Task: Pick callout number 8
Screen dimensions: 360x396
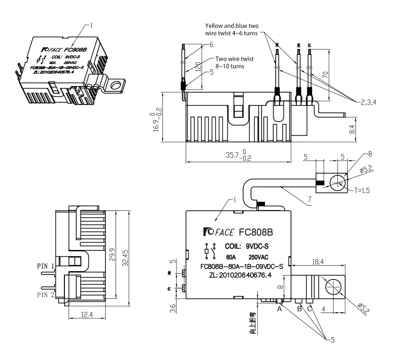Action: pos(370,154)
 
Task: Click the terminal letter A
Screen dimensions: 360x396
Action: pos(279,309)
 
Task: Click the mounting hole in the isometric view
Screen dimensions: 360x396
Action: pos(117,86)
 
